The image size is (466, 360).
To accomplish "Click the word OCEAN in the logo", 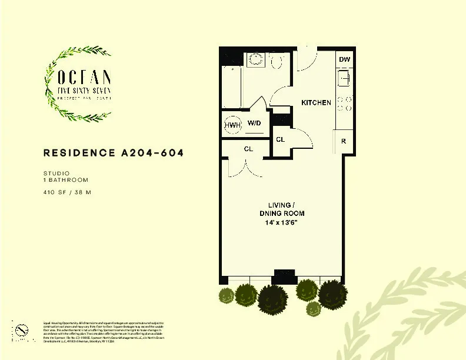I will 78,76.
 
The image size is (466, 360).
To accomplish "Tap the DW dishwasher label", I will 345,60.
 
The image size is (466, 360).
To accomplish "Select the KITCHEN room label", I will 316,103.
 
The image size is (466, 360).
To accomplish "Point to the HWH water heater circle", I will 232,125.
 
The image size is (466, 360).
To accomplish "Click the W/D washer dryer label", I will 254,124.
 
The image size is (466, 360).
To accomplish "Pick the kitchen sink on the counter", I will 344,77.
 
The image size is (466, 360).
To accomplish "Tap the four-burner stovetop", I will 345,104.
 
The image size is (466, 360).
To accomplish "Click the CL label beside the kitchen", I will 281,139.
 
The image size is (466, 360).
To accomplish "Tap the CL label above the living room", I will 248,149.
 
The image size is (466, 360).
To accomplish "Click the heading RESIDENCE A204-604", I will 114,153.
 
